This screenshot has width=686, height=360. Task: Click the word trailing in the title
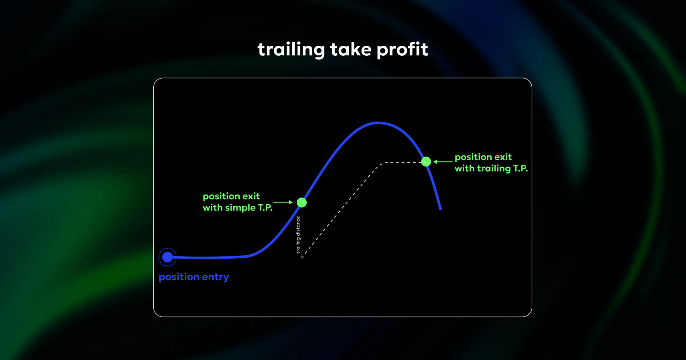coord(291,49)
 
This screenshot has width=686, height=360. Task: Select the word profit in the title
coord(402,49)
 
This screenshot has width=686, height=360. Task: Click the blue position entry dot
coord(167,257)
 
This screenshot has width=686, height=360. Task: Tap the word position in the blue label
coord(179,277)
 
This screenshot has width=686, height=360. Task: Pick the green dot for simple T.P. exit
coord(302,202)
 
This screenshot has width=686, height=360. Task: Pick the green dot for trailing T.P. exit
coord(426,162)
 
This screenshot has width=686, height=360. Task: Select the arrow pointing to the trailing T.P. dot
coord(443,162)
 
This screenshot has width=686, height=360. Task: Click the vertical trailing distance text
coord(298,235)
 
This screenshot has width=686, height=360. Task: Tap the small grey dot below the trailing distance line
coord(302,257)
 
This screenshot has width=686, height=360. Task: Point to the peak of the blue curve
coord(378,123)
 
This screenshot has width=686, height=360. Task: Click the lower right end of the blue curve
coord(440,209)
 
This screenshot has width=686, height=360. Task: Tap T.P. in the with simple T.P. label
coord(265,208)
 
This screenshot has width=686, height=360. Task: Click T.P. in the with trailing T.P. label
coord(520,169)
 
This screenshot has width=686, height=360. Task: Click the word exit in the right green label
coord(503,157)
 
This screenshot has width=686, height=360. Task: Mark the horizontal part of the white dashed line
coord(402,162)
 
